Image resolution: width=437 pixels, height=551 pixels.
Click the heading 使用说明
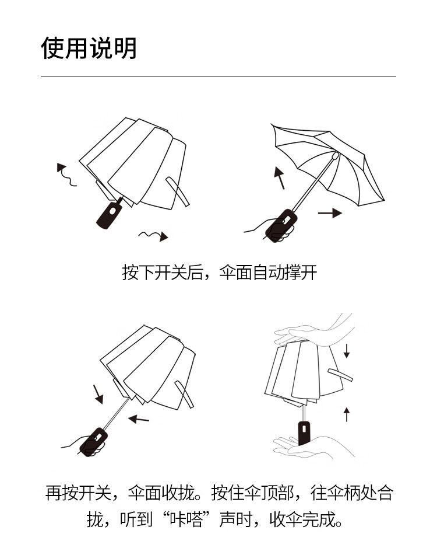89,48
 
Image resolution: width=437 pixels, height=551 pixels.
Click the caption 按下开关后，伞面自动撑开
219,272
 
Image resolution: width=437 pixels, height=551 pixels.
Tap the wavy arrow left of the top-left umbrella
66,175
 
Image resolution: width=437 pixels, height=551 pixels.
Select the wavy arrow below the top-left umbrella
153,235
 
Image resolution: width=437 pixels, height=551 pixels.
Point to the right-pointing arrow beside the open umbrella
330,213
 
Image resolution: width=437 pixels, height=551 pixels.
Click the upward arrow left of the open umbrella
280,177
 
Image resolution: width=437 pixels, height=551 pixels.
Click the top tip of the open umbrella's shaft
335,156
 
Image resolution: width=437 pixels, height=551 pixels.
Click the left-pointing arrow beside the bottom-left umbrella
139,418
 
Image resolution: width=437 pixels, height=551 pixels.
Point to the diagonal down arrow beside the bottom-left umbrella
97,393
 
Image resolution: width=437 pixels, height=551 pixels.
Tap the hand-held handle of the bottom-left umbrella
93,442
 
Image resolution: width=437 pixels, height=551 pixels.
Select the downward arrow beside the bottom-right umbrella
347,351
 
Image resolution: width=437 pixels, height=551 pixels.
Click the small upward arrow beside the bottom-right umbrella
347,414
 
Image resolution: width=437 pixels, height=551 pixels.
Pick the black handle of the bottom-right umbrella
303,433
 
